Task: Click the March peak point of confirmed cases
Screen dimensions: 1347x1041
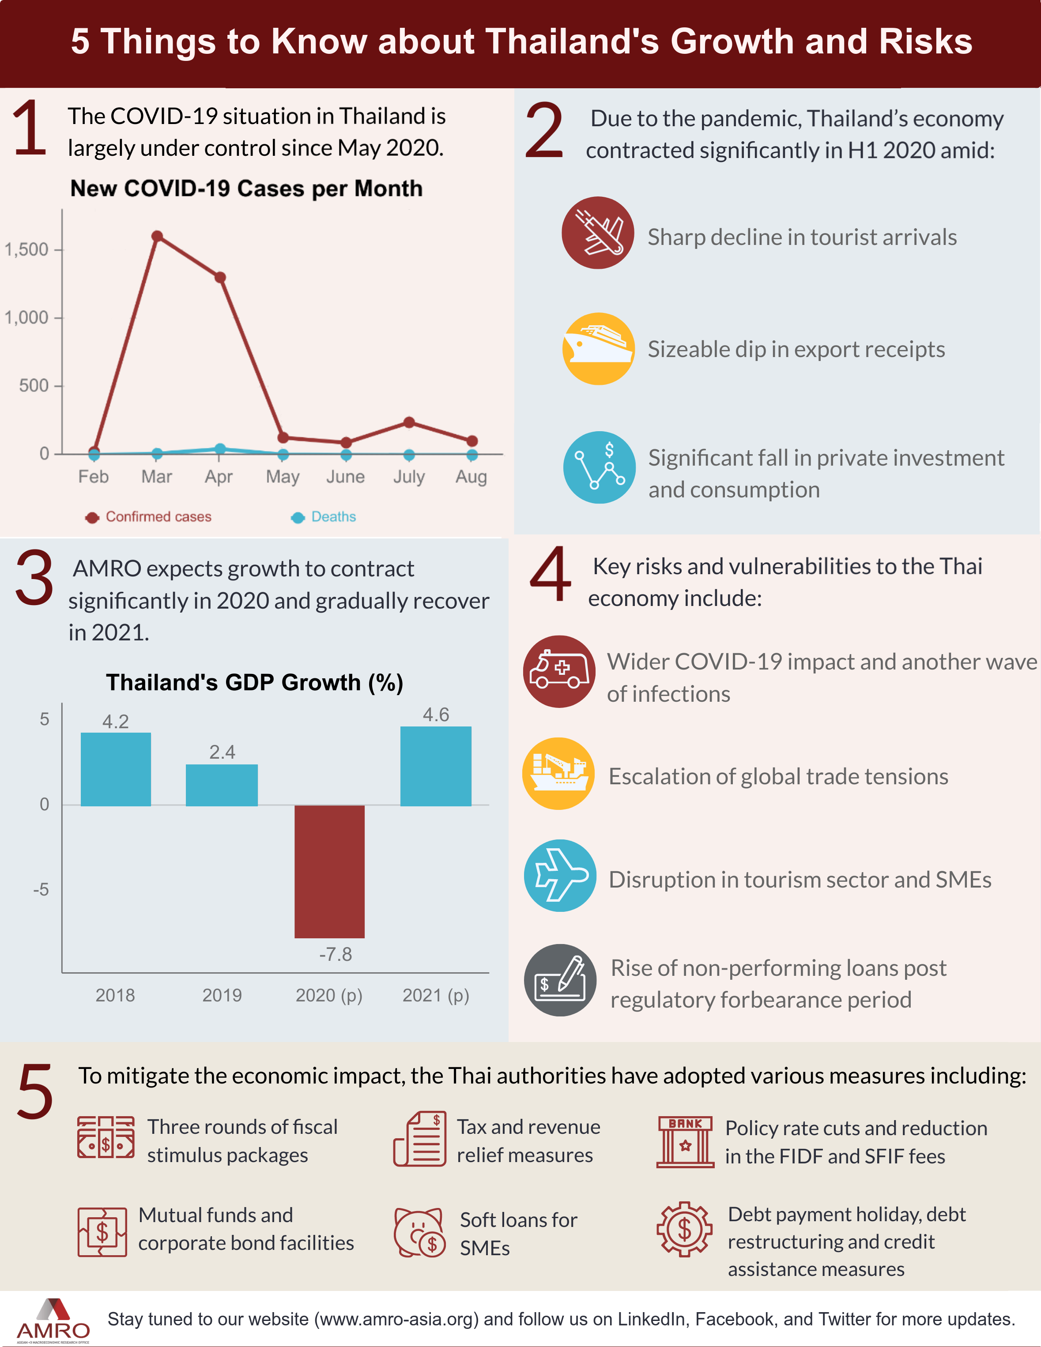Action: coord(157,236)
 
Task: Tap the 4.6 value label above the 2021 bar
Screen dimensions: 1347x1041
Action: coord(436,715)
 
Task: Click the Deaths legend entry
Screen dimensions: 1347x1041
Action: coord(324,517)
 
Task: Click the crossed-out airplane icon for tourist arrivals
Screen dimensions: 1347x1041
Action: coord(597,233)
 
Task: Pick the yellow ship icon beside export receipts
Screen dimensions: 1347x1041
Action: coord(598,349)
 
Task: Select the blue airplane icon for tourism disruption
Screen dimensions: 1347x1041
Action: coord(560,875)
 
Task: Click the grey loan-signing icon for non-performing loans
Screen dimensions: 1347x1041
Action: coord(560,980)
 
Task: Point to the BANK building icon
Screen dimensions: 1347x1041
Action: coord(685,1142)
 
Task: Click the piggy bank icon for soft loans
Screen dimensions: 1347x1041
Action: coord(419,1232)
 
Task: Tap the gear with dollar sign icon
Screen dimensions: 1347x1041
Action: coord(684,1229)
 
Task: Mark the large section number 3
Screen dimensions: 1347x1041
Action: coord(34,579)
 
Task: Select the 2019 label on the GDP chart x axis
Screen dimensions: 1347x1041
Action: coord(222,995)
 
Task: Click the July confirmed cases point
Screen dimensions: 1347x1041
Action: coord(408,422)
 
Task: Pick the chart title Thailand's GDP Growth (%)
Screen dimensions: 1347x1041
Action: coord(254,683)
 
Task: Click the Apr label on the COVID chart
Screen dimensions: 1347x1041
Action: coord(219,477)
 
